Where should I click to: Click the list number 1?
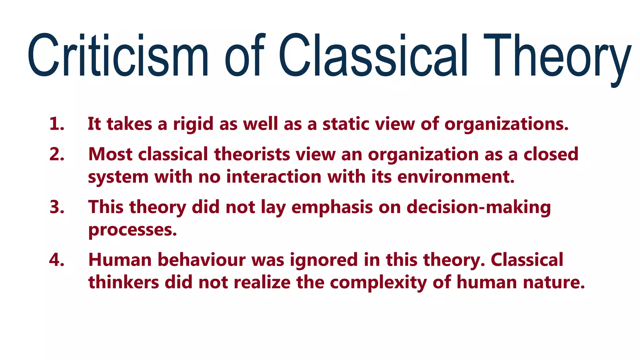(57, 124)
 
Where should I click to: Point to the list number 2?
(57, 154)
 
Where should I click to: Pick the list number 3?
(57, 207)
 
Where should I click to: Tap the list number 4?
(57, 260)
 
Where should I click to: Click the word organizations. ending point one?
(506, 124)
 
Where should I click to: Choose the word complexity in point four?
(378, 283)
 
